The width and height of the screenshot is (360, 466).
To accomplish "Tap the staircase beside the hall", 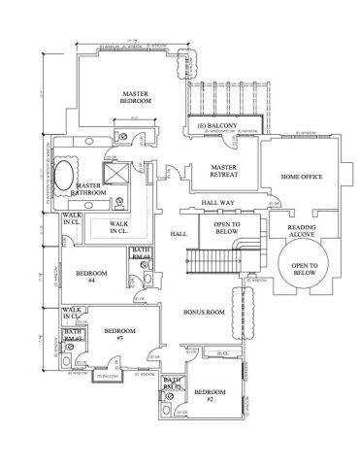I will point(211,261).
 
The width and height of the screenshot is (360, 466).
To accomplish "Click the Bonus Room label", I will point(204,313).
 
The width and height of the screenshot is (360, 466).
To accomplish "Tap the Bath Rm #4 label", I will point(141,254).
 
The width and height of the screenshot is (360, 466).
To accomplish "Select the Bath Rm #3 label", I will point(74,336).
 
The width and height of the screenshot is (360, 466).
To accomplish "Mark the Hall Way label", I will point(217,203).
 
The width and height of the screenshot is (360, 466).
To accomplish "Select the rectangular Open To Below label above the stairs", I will point(220,229).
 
